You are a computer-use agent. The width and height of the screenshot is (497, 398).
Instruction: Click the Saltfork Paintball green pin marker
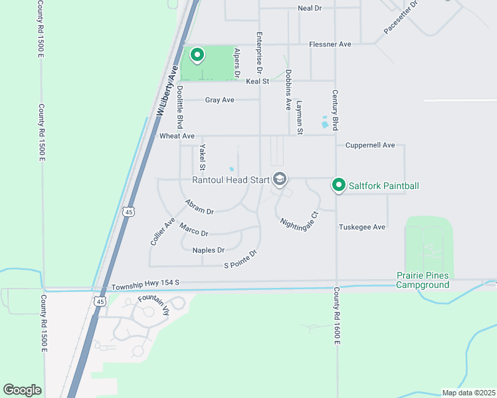(339, 185)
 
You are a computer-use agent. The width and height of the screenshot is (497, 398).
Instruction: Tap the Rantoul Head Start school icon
(280, 179)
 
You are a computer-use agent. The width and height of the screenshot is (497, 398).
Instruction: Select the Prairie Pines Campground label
(423, 280)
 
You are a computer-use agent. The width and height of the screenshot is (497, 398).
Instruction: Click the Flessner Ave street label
(330, 44)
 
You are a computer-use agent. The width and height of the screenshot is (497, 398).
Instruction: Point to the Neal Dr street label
(310, 8)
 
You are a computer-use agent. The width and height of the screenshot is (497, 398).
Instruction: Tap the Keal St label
(257, 81)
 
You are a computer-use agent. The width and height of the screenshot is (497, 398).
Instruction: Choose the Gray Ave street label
(219, 100)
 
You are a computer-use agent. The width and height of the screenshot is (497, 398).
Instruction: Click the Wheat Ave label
(177, 135)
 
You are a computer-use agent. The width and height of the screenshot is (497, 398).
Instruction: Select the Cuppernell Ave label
(370, 145)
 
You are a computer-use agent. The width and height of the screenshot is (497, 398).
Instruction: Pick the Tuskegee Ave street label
(362, 227)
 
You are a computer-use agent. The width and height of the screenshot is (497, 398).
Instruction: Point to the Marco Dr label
(193, 230)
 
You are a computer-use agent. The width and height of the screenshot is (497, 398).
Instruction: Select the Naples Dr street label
(209, 250)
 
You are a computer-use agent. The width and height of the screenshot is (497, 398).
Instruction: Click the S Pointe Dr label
(240, 259)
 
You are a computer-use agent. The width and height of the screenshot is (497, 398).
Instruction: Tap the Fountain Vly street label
(154, 308)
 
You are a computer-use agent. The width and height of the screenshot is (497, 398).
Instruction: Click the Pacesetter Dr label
(401, 19)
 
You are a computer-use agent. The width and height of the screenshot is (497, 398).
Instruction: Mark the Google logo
(22, 390)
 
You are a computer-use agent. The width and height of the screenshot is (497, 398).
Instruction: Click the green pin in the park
(197, 54)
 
